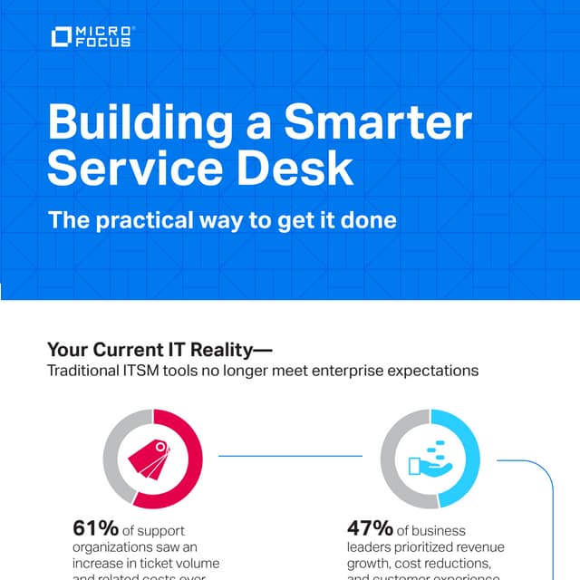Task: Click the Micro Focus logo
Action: click(92, 37)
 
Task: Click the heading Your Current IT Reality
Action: click(159, 349)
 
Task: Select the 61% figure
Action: click(95, 528)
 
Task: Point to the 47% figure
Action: click(370, 528)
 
